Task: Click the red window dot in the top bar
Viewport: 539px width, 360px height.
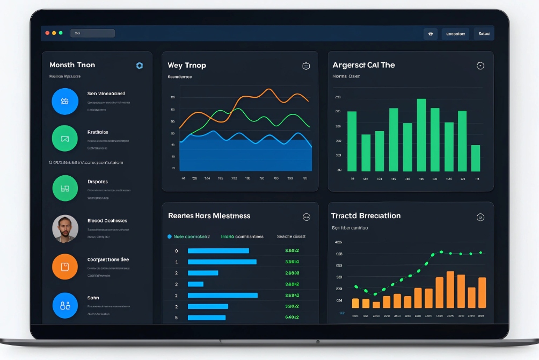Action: pos(47,33)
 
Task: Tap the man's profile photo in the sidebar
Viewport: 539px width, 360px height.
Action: pos(65,228)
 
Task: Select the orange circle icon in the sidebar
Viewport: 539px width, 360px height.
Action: pos(65,267)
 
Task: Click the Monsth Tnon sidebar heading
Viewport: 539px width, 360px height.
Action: pos(72,65)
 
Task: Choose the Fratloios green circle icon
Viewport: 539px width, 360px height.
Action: pos(65,139)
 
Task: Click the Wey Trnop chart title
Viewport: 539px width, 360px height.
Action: pos(187,66)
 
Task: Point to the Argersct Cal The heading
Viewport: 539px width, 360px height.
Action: pos(363,66)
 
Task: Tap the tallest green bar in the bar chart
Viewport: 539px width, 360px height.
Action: pos(421,135)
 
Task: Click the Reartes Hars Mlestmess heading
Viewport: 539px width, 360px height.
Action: pos(209,216)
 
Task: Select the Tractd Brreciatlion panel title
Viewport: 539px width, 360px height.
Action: pos(366,216)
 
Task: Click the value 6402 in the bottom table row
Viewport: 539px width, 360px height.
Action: pos(292,318)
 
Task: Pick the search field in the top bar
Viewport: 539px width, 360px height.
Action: pos(92,33)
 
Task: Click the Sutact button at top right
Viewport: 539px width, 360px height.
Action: pos(484,34)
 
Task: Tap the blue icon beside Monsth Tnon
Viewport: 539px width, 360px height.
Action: pos(140,66)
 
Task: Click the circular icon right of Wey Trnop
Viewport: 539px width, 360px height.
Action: pos(306,66)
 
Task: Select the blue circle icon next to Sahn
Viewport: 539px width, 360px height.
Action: pos(65,306)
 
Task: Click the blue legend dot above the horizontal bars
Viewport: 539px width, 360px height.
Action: pos(170,236)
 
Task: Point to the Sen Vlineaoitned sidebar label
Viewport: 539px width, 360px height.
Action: pos(106,93)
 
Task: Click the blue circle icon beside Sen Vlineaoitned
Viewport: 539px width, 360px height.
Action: pos(65,101)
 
